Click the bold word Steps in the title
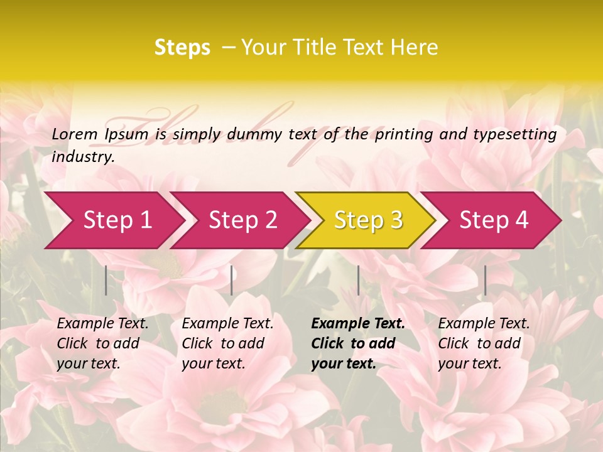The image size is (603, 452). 182,48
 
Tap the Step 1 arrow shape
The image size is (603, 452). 117,220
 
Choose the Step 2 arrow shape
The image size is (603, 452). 243,220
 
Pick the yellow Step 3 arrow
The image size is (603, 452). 368,220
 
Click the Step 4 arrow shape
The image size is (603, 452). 494,220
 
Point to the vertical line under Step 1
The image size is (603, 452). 106,280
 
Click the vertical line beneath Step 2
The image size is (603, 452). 232,280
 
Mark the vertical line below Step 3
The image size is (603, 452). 358,280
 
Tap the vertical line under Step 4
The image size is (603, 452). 485,280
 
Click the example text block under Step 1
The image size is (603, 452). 102,343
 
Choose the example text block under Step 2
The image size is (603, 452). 227,343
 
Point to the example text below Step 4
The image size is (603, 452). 484,343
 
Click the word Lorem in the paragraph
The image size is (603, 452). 75,134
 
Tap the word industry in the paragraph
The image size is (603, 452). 82,156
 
